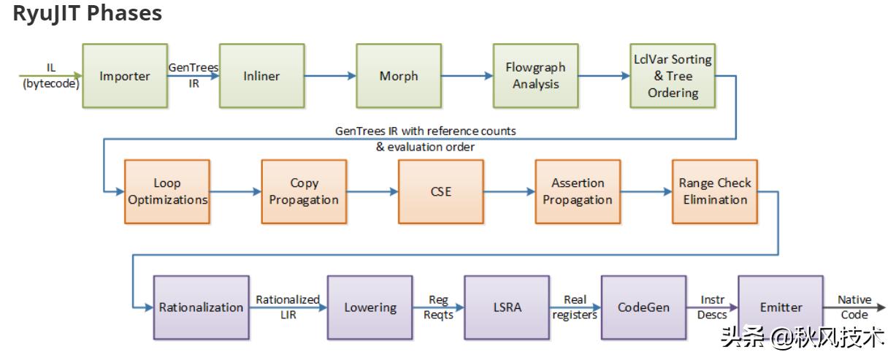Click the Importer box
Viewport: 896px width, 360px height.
(x=125, y=76)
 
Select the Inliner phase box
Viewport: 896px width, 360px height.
(x=261, y=76)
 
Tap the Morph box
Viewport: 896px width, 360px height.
(x=399, y=76)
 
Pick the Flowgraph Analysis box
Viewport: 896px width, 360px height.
(x=535, y=76)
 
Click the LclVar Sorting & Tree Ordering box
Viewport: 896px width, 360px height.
(x=673, y=76)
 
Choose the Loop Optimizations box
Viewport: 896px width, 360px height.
(x=167, y=191)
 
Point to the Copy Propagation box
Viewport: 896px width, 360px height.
(x=304, y=191)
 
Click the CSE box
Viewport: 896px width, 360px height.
(x=440, y=191)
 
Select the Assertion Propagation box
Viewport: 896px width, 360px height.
(x=578, y=191)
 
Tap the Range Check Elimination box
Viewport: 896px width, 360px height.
(x=714, y=191)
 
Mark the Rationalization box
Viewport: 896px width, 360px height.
(x=201, y=307)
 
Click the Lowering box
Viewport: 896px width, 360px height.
(x=370, y=307)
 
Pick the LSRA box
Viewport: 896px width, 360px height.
(x=507, y=307)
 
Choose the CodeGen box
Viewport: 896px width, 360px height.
(x=643, y=307)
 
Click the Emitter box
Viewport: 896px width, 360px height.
(x=781, y=307)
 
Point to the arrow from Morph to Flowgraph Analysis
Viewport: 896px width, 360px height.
(x=467, y=75)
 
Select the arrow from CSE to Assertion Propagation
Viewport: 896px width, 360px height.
(x=509, y=191)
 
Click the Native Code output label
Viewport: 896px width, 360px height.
(x=854, y=307)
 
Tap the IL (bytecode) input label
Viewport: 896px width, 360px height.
(x=51, y=76)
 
